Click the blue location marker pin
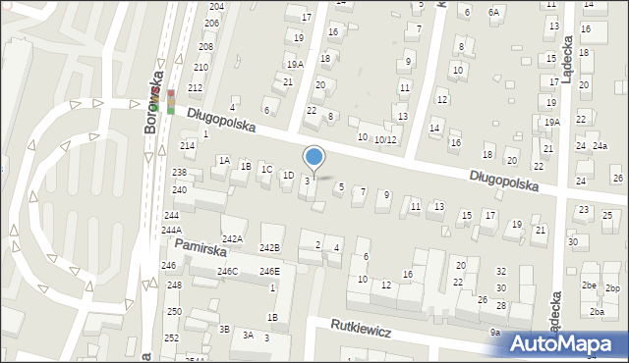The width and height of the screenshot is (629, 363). click(314, 157)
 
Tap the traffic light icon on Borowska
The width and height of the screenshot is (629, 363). click(171, 102)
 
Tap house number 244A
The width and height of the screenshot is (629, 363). click(170, 230)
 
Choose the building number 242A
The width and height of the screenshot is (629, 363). click(232, 238)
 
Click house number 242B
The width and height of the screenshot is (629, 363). click(269, 247)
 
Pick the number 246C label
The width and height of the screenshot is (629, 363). click(227, 271)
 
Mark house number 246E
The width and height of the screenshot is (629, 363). click(269, 271)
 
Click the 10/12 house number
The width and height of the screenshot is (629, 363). click(384, 139)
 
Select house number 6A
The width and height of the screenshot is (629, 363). click(493, 12)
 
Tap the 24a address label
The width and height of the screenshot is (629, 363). click(600, 146)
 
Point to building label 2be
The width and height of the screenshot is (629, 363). click(589, 285)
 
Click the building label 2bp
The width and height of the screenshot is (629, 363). click(613, 288)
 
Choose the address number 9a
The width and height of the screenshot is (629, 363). click(495, 333)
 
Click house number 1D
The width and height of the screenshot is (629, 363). click(288, 176)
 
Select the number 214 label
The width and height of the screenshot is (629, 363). click(187, 145)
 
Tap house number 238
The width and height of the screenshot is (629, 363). click(179, 173)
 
